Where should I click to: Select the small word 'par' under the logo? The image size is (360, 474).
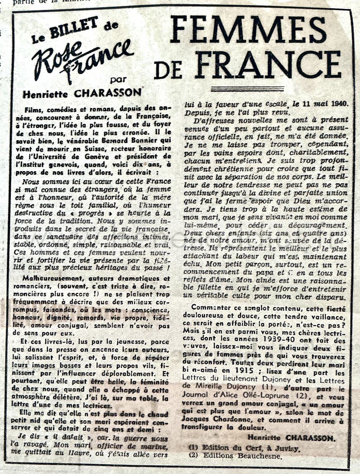[x=118, y=79]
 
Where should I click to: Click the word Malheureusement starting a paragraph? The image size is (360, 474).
[x=47, y=278]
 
